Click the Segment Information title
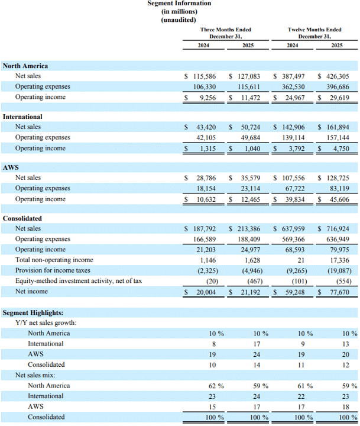[x=179, y=4]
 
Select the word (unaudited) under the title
[x=179, y=20]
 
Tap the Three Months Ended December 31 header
[x=226, y=33]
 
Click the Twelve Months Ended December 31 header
[x=314, y=33]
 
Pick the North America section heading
[x=25, y=66]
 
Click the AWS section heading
[x=11, y=167]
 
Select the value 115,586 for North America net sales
[x=205, y=76]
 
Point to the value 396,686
[x=338, y=87]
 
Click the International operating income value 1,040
[x=251, y=149]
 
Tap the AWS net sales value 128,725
[x=338, y=178]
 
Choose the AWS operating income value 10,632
[x=206, y=199]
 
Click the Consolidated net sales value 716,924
[x=338, y=229]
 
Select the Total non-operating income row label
[x=54, y=260]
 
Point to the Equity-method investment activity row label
[x=79, y=281]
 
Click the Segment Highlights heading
[x=33, y=313]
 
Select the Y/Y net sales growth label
[x=46, y=323]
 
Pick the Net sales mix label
[x=35, y=375]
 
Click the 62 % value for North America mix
[x=216, y=386]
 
